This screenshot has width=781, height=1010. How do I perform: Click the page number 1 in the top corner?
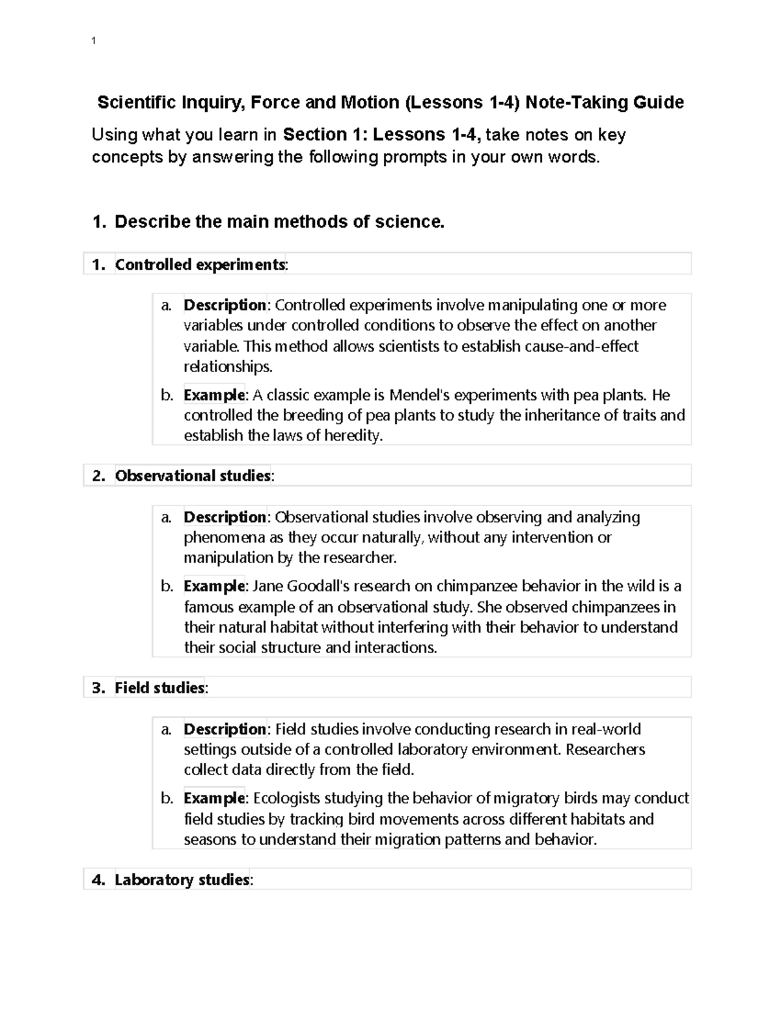click(94, 41)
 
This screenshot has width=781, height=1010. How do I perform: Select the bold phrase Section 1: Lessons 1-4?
click(382, 135)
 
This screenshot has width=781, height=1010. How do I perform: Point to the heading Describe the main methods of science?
click(279, 222)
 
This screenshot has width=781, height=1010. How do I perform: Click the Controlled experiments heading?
click(200, 264)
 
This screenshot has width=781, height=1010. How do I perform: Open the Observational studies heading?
click(193, 475)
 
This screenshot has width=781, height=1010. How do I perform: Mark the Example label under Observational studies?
click(214, 586)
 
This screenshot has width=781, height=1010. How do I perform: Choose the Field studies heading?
click(160, 687)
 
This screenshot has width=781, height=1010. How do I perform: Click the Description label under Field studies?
click(225, 729)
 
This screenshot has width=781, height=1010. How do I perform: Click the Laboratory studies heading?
click(182, 880)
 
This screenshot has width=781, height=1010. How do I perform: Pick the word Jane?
click(265, 586)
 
